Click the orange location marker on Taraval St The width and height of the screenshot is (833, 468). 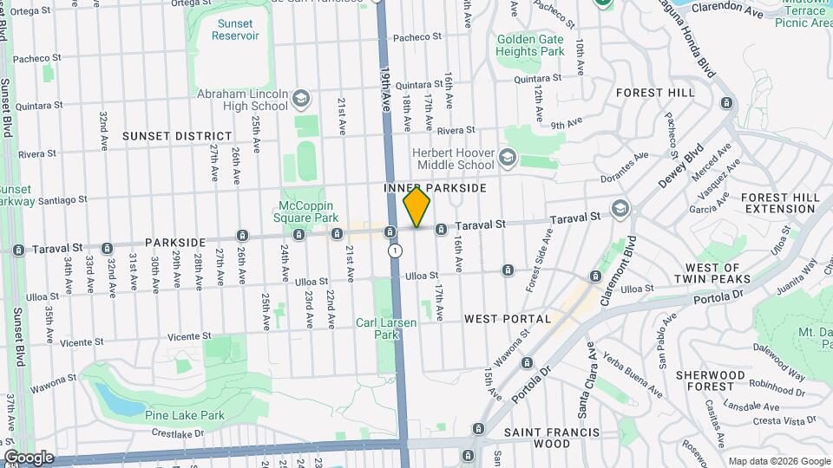point(416,207)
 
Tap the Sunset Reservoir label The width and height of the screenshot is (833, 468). point(235,29)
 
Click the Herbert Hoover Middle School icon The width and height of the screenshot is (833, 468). point(507,158)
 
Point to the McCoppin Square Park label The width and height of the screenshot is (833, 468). point(308,211)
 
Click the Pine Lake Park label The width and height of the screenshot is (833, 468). point(185,415)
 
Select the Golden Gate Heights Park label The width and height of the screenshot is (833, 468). point(530,45)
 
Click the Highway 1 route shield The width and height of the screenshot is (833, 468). point(396,250)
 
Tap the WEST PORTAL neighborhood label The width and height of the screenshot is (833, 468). point(508,319)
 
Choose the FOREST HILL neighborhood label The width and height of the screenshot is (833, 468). point(656,92)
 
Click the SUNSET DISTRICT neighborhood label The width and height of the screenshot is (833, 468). point(177,136)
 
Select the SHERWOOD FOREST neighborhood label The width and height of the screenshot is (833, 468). point(711,381)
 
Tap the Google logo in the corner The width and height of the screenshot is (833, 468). point(29,458)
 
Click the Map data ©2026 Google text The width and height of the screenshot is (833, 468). point(778,461)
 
